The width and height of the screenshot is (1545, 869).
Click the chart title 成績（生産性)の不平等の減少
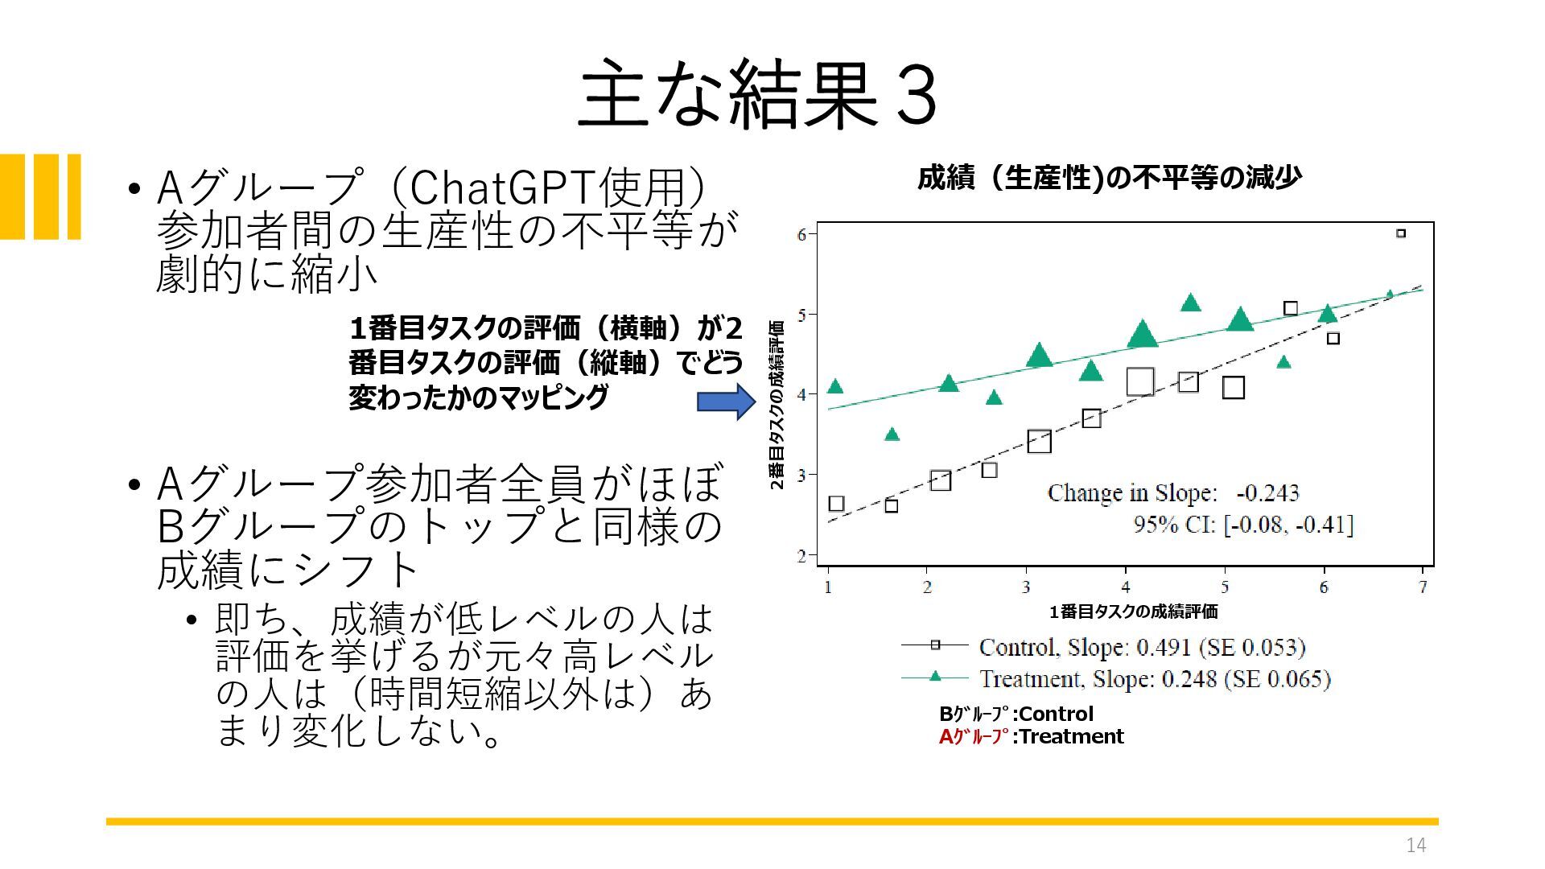click(1109, 177)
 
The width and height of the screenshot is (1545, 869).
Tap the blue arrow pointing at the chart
click(726, 402)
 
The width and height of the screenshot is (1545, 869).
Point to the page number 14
click(1415, 845)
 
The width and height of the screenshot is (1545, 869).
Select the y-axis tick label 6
click(801, 235)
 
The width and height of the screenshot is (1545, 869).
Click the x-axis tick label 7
click(1423, 587)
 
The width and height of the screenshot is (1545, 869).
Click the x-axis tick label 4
click(1126, 587)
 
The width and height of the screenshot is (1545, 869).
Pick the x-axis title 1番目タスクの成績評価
click(1133, 612)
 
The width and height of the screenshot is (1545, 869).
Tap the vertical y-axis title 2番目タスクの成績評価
click(777, 405)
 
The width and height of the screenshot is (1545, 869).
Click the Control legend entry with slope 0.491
click(1102, 647)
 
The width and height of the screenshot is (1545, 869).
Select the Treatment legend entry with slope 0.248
click(1115, 679)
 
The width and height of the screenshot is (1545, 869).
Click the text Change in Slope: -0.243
click(1173, 492)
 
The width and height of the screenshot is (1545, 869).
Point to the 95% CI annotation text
click(1243, 525)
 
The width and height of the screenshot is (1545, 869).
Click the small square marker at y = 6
click(1401, 233)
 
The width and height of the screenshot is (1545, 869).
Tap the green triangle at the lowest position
click(892, 434)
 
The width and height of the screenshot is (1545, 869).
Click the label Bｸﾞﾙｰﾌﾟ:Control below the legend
click(1016, 714)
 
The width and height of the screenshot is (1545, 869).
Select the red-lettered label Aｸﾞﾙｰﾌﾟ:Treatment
click(1031, 736)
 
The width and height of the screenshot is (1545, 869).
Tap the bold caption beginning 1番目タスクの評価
click(546, 363)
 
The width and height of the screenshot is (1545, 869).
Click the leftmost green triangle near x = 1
click(835, 386)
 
